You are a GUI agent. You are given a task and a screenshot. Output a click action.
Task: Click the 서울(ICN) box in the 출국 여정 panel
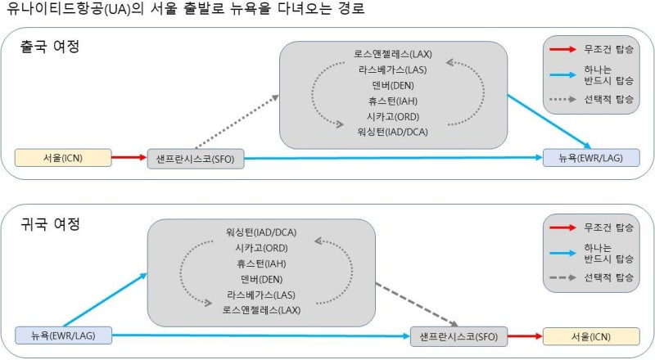[x=63, y=158]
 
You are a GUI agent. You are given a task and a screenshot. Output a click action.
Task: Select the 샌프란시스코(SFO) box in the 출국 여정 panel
[x=196, y=159]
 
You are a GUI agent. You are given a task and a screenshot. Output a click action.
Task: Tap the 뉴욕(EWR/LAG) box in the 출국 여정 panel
[x=591, y=158]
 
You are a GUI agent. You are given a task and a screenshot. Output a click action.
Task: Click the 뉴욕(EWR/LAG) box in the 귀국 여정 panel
[x=64, y=335]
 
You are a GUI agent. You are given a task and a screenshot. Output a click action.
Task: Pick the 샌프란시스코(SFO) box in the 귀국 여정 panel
[x=458, y=336]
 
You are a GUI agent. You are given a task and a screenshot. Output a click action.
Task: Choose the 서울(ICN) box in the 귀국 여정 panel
[x=591, y=336]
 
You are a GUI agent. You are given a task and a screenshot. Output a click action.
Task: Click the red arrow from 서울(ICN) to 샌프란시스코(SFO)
[x=129, y=157]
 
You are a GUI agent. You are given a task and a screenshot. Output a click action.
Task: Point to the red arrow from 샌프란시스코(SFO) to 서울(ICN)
[x=525, y=336]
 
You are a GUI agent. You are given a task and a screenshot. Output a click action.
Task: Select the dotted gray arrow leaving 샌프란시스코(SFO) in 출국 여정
[x=237, y=122]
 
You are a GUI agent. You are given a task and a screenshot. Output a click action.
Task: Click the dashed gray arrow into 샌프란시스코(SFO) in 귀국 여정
[x=417, y=305]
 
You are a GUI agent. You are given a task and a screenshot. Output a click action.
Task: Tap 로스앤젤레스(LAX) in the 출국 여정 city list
[x=393, y=54]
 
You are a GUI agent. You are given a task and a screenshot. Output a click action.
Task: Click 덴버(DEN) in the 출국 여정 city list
[x=393, y=86]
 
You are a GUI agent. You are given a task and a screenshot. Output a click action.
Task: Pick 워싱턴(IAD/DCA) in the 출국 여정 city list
[x=393, y=132]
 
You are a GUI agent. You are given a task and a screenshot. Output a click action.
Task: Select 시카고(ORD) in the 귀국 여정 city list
[x=261, y=248]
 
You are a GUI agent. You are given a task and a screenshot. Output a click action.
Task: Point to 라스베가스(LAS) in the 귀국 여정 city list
[x=261, y=295]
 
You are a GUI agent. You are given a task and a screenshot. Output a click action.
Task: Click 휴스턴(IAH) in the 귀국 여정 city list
[x=261, y=263]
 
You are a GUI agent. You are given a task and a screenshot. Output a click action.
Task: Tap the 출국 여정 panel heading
[x=50, y=46]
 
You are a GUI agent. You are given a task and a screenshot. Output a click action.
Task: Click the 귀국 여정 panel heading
[x=50, y=224]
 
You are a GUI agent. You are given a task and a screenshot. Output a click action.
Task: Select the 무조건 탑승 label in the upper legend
[x=608, y=49]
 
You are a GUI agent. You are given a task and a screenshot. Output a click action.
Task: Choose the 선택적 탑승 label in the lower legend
[x=608, y=277]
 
